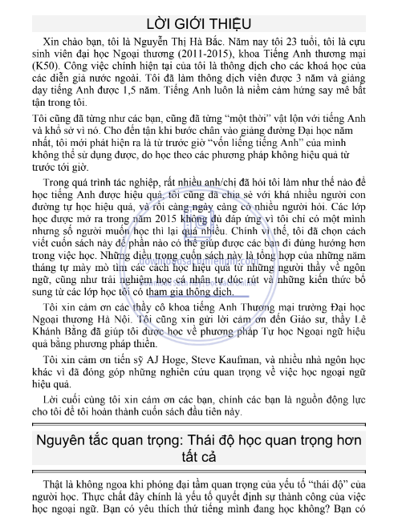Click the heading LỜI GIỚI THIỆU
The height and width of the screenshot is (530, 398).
pos(200,22)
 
